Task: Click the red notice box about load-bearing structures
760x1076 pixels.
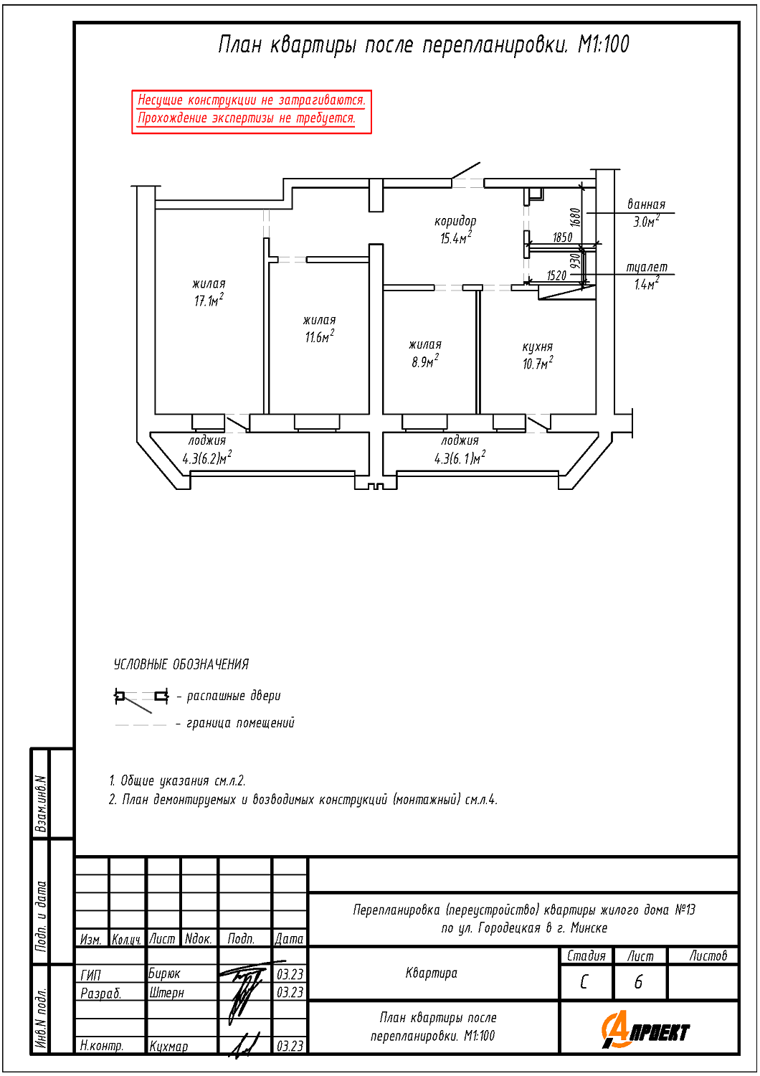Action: [252, 111]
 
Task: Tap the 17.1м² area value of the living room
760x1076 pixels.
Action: [209, 301]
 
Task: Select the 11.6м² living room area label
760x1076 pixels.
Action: [319, 336]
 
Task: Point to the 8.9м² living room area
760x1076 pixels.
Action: [425, 362]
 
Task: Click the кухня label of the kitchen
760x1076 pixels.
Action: [538, 346]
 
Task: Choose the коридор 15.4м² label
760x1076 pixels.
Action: [455, 230]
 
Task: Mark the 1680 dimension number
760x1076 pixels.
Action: [576, 217]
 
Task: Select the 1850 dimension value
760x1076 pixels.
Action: [563, 237]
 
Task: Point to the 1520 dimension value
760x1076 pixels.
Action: [557, 275]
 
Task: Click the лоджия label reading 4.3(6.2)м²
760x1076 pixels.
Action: [207, 450]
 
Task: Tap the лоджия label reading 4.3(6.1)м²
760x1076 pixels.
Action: [460, 450]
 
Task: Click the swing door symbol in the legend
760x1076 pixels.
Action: [141, 700]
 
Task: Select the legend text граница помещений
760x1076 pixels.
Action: [240, 722]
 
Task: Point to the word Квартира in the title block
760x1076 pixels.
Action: [431, 973]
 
